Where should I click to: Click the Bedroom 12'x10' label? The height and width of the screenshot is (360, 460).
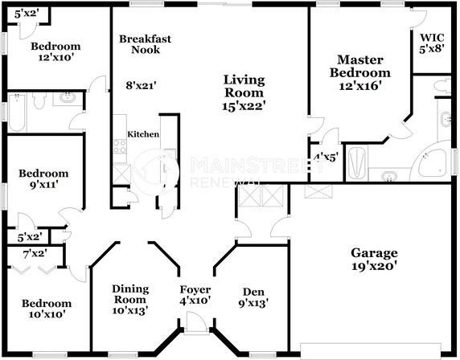(55, 52)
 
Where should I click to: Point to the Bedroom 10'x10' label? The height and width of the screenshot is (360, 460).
(46, 309)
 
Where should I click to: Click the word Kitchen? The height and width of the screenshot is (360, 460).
(143, 134)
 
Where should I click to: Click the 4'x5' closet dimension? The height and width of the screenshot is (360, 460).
(325, 157)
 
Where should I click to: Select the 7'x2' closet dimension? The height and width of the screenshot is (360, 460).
(35, 254)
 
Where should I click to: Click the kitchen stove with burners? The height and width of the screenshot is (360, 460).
(119, 147)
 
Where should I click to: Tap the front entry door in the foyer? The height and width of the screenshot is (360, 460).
(195, 324)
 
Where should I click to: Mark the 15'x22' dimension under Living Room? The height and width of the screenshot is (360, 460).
(244, 104)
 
